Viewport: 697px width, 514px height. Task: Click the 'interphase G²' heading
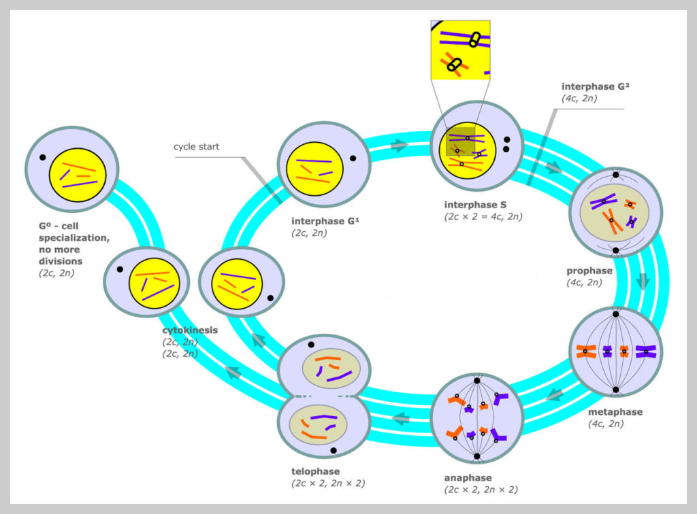pos(591,87)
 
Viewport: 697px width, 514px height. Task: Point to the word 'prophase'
pos(589,271)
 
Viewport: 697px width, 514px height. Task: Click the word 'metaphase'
pos(615,412)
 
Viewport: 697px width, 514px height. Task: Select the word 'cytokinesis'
pos(190,330)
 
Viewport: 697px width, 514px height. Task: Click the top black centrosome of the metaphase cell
pos(615,314)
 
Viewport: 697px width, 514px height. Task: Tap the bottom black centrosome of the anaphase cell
pos(476,456)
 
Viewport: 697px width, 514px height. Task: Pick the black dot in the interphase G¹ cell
pos(353,158)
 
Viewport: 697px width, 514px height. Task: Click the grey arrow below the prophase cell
pos(643,281)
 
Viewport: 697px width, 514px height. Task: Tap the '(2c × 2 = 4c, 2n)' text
pos(483,217)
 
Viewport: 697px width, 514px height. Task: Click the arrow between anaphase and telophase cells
pos(402,418)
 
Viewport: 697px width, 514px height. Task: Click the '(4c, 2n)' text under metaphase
pos(606,424)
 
